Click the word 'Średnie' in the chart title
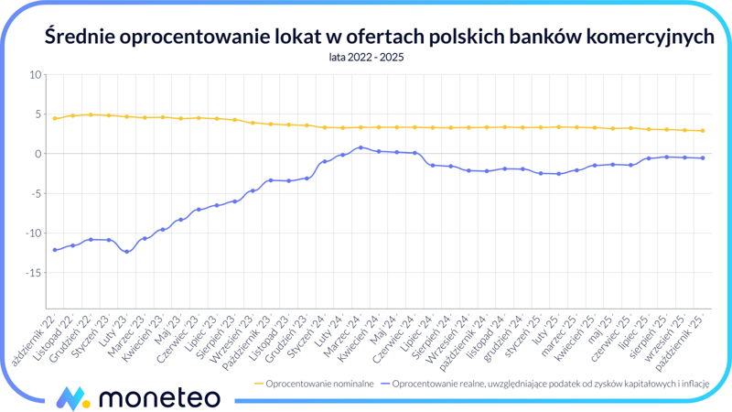[83, 36]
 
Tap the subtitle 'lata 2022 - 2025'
[366, 57]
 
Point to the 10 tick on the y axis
[36, 75]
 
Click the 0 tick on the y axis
[38, 154]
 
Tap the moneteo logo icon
[72, 397]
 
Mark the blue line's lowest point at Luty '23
[127, 252]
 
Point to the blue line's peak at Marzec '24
[361, 147]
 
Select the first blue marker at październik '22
[55, 250]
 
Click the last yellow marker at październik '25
[703, 131]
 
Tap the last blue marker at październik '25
[703, 158]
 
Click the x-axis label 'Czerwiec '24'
[398, 337]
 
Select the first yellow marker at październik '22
[55, 118]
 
